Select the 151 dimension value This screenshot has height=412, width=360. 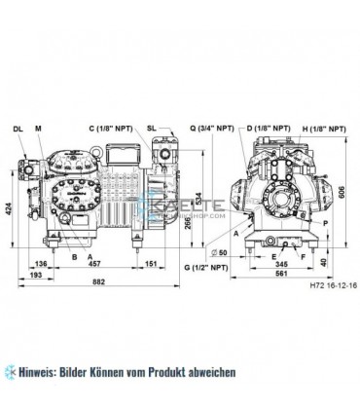[152, 261]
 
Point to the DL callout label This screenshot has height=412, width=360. [18, 129]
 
